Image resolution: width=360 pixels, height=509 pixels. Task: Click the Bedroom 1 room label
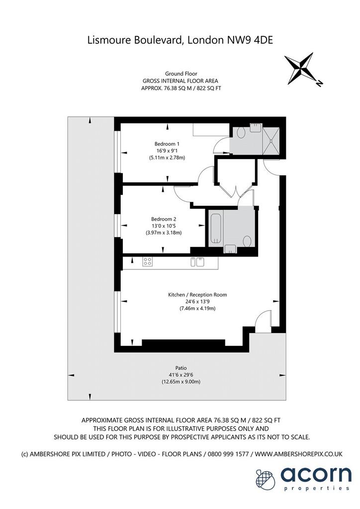[167, 144]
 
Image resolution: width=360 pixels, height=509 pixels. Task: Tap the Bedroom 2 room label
[164, 219]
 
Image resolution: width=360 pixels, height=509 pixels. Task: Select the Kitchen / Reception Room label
[197, 295]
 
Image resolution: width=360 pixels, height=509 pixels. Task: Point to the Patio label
[181, 368]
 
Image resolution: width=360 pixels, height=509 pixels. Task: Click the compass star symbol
[300, 68]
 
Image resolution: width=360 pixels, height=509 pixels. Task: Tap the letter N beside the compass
[319, 84]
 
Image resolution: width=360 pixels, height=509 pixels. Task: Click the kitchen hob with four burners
[147, 261]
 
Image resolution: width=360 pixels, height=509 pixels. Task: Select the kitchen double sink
[197, 261]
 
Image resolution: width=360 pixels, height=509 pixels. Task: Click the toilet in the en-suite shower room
[241, 132]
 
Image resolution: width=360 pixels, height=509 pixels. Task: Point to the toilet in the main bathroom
[247, 241]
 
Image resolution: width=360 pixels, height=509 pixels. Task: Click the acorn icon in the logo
[266, 479]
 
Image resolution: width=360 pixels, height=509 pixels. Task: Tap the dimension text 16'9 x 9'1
[167, 151]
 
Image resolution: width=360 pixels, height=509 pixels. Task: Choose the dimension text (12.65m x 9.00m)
[181, 382]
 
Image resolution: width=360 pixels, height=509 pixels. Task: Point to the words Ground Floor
[181, 74]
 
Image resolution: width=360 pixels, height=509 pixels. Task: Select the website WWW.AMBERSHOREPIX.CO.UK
[299, 454]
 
